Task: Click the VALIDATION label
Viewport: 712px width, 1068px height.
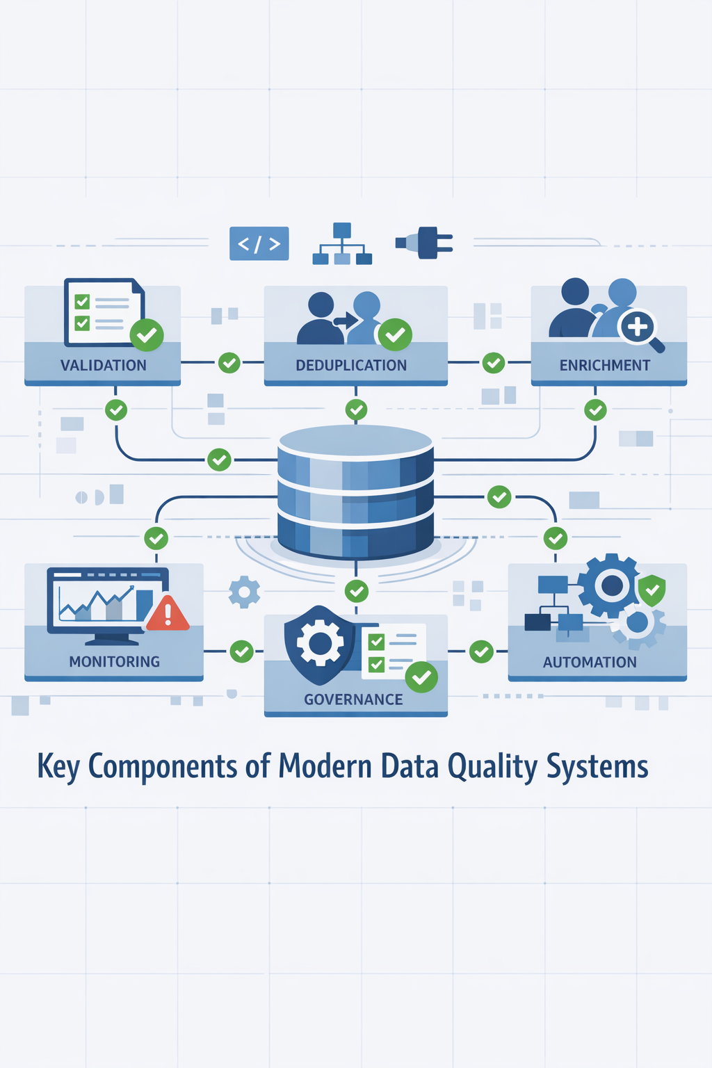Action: click(103, 365)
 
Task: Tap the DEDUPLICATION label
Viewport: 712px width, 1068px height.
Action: click(351, 365)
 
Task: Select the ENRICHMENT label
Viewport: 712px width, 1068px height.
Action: click(605, 365)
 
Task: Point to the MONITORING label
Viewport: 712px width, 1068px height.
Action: click(114, 661)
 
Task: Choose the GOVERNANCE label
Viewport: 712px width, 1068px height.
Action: click(353, 699)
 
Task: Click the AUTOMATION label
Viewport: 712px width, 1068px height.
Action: click(590, 662)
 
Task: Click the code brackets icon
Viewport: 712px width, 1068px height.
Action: click(259, 243)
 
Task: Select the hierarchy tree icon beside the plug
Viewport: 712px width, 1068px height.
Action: click(342, 244)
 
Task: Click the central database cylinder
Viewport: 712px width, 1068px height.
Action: click(355, 491)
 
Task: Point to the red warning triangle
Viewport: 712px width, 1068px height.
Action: click(168, 613)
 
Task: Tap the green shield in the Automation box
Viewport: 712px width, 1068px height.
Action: click(652, 590)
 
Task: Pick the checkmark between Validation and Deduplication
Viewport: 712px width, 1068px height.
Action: click(229, 362)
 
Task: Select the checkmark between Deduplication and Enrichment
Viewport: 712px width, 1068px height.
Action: click(494, 362)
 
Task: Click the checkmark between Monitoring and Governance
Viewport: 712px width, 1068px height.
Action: click(241, 652)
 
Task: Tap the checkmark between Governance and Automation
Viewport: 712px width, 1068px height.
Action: click(481, 652)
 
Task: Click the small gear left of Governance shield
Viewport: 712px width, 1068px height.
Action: click(244, 592)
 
